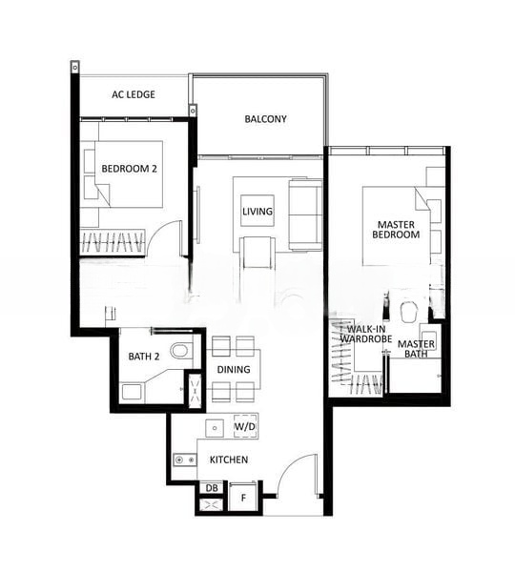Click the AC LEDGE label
[134, 94]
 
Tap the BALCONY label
[265, 119]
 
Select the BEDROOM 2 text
[129, 169]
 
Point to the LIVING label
[257, 211]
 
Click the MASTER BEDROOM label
[395, 229]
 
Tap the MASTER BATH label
[417, 349]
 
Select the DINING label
[234, 369]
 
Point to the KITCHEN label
[229, 460]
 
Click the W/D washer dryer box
[245, 427]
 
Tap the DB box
[212, 488]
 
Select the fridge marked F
[243, 497]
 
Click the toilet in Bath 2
[180, 350]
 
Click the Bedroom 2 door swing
[167, 238]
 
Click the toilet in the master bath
[410, 312]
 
